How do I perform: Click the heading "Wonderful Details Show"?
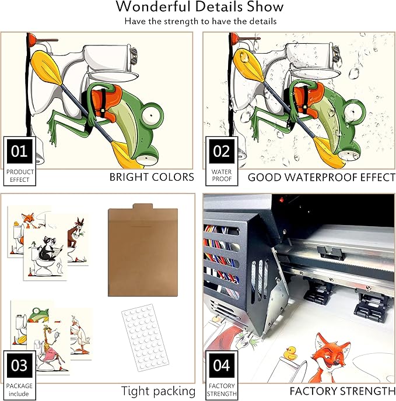tap(199, 6)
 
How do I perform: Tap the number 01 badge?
tap(19, 151)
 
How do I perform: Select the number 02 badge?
tap(222, 151)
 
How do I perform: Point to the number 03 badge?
tap(19, 365)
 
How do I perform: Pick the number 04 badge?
tap(222, 365)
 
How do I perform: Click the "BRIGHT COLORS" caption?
tap(152, 177)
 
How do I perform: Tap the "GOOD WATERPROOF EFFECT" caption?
tap(321, 177)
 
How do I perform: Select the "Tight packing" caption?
tap(158, 391)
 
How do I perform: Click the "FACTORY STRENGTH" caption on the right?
tap(342, 391)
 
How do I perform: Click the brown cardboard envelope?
tap(143, 250)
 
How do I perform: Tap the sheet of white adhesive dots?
tap(145, 337)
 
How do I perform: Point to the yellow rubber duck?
tap(291, 353)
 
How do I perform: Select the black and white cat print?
tap(45, 254)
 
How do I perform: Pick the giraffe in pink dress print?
tap(48, 349)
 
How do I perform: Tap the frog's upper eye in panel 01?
tap(153, 115)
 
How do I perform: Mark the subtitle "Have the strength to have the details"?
tap(201, 21)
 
